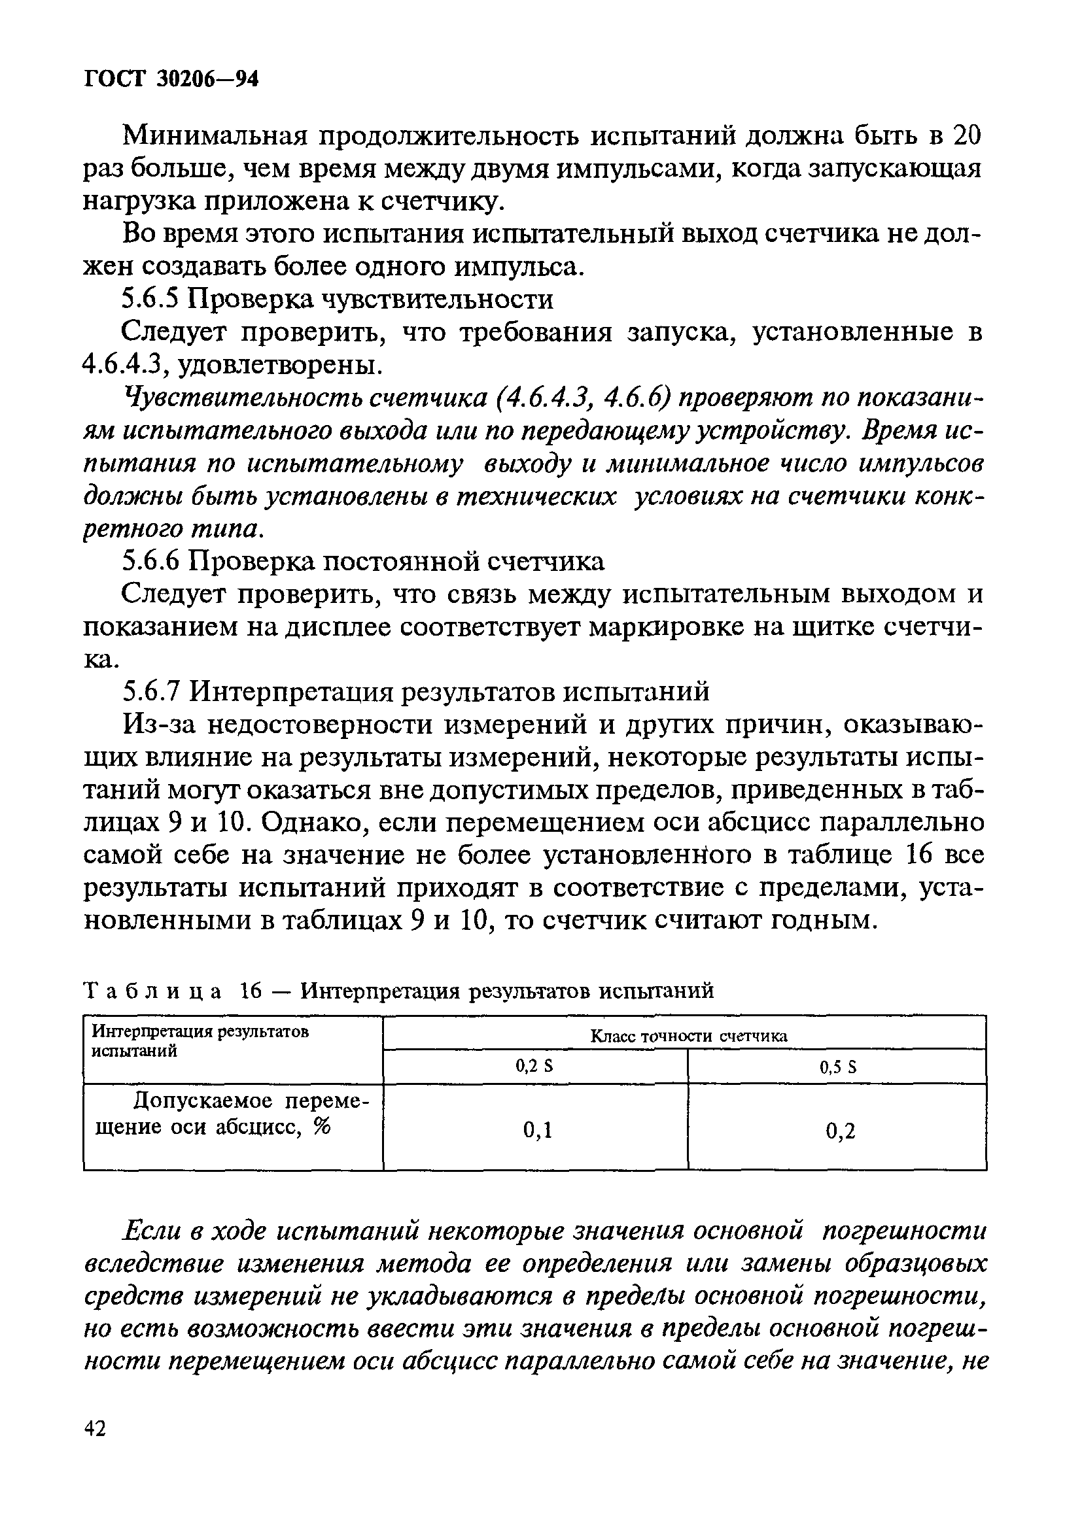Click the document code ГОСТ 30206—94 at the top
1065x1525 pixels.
tap(171, 79)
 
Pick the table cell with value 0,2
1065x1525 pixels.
tap(841, 1131)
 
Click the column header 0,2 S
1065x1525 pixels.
tap(535, 1067)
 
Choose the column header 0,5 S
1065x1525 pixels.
tap(838, 1067)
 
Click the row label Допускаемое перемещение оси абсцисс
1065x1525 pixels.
tap(232, 1114)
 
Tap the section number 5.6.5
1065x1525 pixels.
tap(151, 300)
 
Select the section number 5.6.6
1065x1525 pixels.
tap(151, 562)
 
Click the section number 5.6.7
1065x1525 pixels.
tap(151, 692)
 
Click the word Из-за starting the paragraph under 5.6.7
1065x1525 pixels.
tap(158, 725)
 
